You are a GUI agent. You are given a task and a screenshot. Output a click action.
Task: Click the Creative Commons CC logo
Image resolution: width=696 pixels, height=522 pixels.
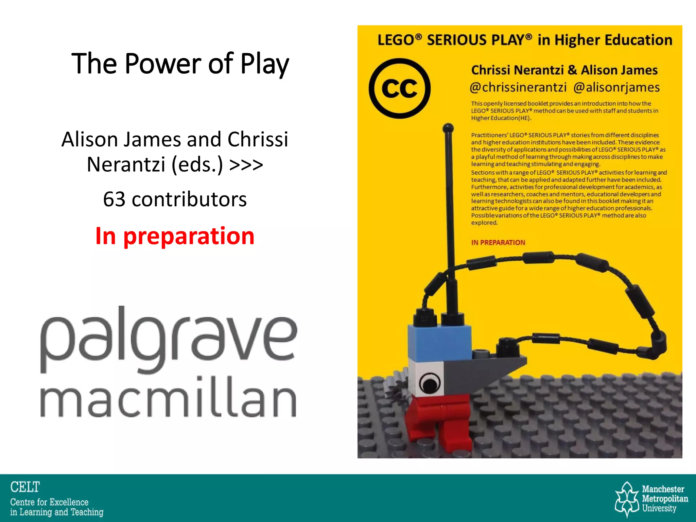[400, 88]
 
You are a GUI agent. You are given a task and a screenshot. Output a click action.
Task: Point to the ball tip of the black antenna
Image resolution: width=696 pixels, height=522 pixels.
[448, 128]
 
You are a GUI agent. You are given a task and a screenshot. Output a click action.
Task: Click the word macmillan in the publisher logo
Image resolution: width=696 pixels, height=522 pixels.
[168, 398]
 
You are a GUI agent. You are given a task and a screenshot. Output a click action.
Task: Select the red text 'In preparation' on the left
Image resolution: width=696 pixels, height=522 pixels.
[175, 236]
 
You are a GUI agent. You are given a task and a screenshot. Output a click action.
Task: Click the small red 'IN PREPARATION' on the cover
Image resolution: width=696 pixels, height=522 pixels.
[498, 242]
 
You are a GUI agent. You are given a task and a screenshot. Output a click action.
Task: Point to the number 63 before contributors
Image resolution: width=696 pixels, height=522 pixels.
[114, 199]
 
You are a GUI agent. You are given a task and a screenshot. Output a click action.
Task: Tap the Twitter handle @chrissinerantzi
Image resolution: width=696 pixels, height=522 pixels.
[518, 87]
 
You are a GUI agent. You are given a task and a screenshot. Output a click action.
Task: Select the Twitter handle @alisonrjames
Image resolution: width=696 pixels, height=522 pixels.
[616, 87]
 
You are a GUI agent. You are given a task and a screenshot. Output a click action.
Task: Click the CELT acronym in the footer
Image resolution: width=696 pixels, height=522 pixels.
[25, 487]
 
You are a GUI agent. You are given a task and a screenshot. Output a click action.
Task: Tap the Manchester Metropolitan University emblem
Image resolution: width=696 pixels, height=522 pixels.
[627, 499]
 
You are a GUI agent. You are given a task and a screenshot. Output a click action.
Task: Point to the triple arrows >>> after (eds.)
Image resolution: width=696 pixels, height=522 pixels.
[246, 165]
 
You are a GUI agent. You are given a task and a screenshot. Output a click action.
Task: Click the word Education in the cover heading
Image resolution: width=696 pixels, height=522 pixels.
[639, 40]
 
